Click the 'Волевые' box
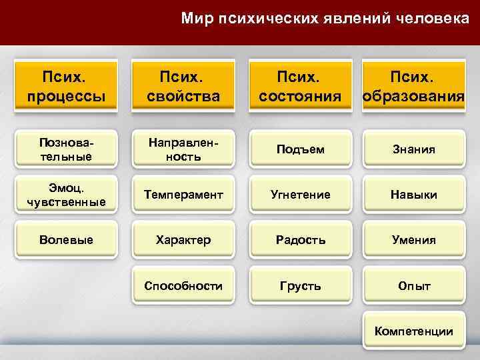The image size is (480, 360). [67, 239]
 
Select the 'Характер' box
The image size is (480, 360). [184, 239]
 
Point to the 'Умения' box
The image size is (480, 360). [414, 239]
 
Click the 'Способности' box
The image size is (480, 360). [184, 285]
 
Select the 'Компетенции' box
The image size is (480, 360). [414, 331]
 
